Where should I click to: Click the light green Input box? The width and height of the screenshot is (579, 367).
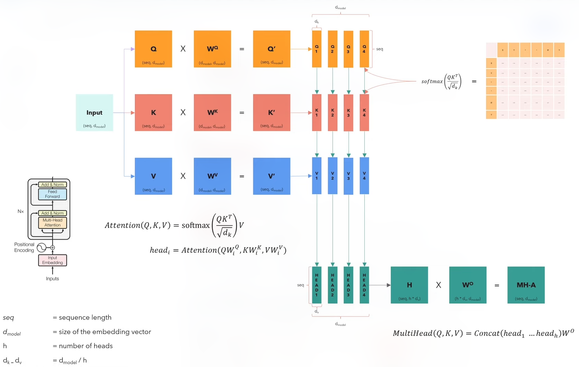(x=94, y=113)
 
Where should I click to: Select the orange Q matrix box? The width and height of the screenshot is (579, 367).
(x=153, y=49)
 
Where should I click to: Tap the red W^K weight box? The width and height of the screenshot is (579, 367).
(x=212, y=113)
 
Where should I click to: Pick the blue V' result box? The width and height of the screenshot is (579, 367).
(x=272, y=176)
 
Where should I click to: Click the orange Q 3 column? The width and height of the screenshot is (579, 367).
(x=348, y=49)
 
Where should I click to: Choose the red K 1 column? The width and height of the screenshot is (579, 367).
(x=316, y=113)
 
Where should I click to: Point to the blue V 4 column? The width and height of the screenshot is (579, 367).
(x=364, y=176)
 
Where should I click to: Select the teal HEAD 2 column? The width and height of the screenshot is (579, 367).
(x=332, y=285)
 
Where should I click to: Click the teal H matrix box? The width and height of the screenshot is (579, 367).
(x=409, y=285)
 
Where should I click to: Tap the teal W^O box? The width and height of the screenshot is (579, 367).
(x=468, y=285)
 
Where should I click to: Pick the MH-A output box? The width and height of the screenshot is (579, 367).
(x=526, y=285)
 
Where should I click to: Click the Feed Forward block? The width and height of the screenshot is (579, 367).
(x=52, y=194)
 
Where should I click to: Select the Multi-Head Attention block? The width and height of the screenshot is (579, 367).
(x=52, y=223)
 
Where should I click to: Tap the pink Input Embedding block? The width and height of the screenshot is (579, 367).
(x=52, y=260)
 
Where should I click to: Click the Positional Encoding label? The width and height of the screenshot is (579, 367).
(x=24, y=247)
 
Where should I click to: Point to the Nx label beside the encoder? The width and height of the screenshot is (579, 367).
(x=21, y=211)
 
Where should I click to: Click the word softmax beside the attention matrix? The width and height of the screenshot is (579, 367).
(x=432, y=82)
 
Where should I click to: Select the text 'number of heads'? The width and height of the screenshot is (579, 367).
(x=86, y=346)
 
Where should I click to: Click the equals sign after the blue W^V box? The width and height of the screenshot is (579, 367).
(x=242, y=176)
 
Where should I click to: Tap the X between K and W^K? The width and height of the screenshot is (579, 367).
(x=183, y=113)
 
